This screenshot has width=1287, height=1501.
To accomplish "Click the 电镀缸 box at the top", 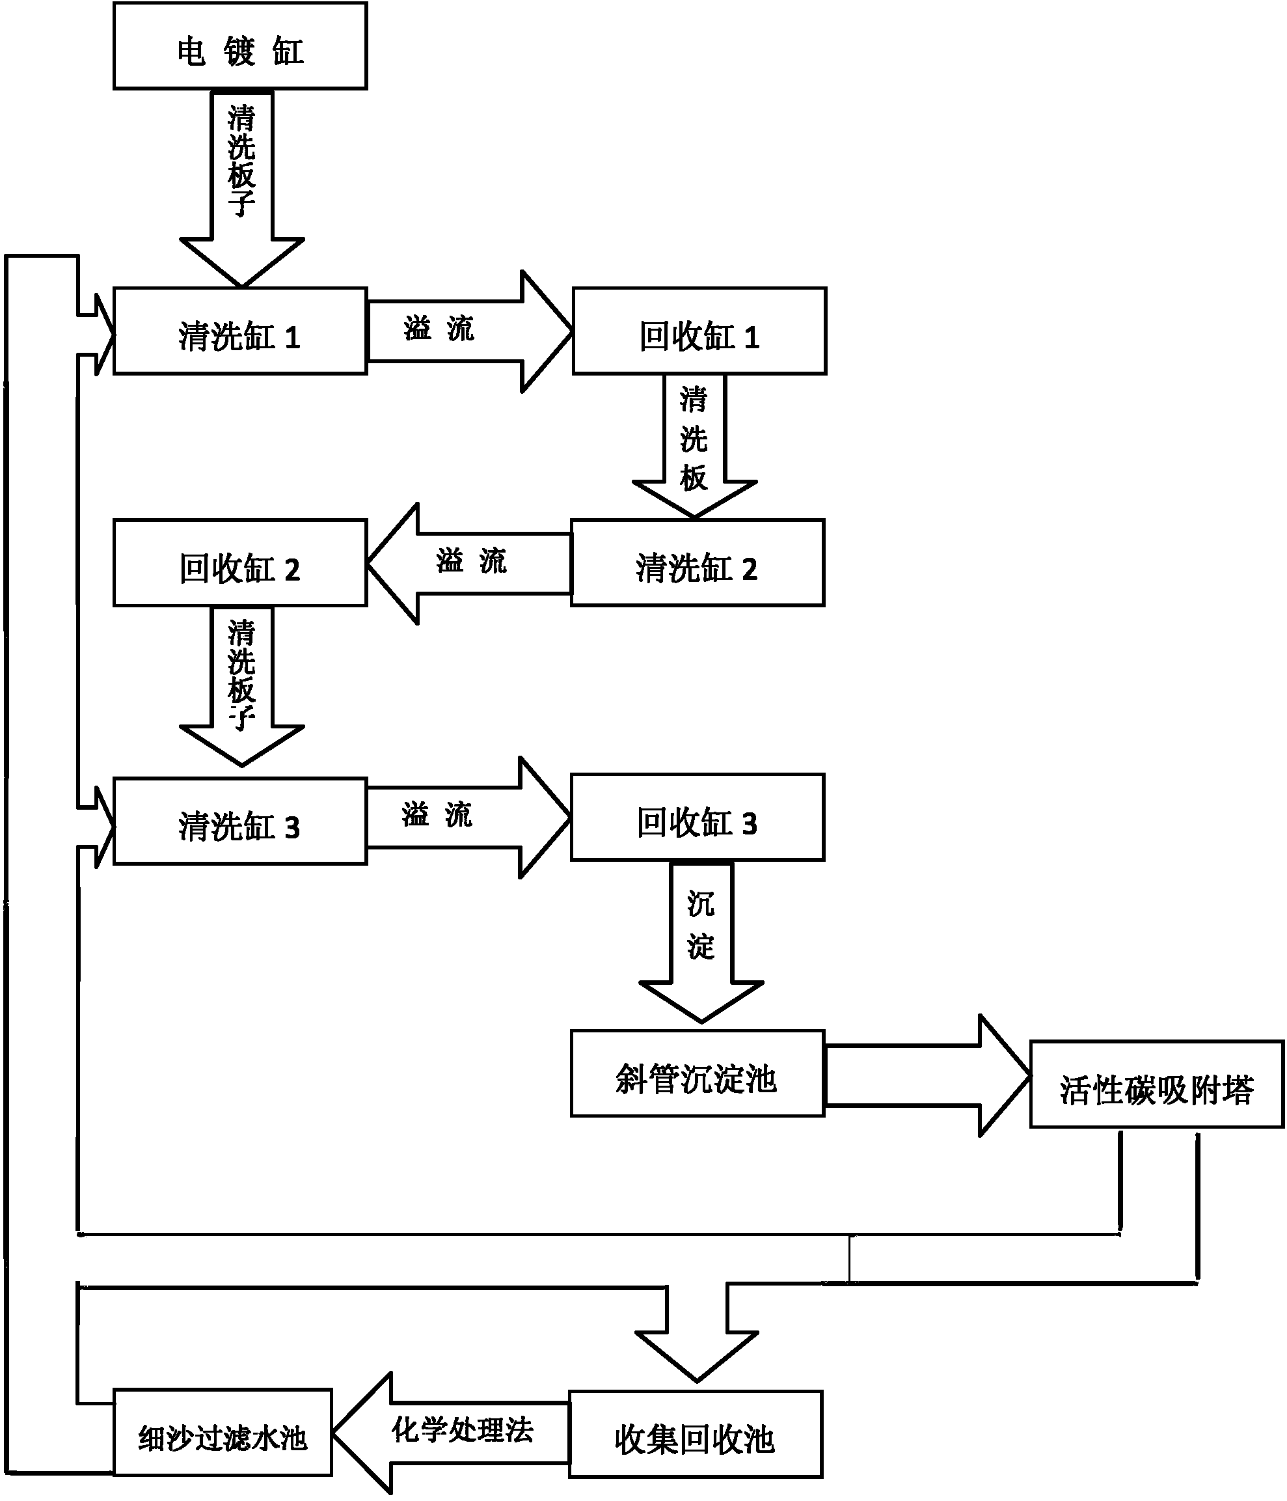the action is [x=241, y=46].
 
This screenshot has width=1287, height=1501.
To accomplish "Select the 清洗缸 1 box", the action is [x=241, y=331].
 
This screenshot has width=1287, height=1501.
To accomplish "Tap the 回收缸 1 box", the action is [x=699, y=331].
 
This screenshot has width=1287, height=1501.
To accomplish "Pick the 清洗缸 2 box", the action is [x=698, y=563].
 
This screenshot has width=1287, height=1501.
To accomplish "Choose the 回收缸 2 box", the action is [x=241, y=563].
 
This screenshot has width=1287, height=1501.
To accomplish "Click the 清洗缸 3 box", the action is [x=241, y=821].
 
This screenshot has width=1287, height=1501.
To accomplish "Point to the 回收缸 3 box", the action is [x=698, y=817].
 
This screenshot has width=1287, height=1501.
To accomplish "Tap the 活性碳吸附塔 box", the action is [x=1157, y=1084].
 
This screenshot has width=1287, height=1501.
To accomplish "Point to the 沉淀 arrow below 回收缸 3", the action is [x=701, y=942].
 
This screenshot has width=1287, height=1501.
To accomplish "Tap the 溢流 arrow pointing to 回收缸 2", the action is [x=468, y=564].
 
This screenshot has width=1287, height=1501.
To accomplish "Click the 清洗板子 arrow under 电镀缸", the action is [x=242, y=188].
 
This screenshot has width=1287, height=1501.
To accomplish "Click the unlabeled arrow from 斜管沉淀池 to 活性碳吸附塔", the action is [x=928, y=1076].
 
